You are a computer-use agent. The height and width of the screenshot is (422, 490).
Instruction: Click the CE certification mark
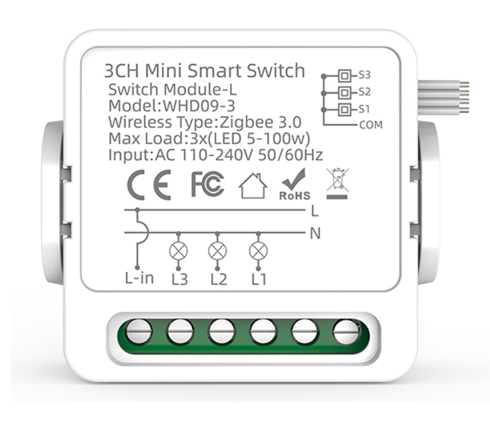pos(149,185)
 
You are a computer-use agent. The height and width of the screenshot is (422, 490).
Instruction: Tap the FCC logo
pos(208,184)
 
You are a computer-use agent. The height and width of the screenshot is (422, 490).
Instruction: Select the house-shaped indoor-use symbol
pos(253,186)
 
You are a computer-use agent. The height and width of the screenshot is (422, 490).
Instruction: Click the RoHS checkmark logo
pos(295,184)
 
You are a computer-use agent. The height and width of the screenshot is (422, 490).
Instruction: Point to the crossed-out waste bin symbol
pos(337,184)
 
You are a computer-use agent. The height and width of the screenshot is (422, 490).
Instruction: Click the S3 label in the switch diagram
pos(364,75)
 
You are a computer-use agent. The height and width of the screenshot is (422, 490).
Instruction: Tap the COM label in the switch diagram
pos(371,125)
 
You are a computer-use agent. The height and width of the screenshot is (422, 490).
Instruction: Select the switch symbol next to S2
pos(344,93)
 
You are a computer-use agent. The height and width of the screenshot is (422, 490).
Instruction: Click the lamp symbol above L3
pos(178,251)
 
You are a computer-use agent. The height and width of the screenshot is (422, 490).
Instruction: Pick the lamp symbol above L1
pos(258,251)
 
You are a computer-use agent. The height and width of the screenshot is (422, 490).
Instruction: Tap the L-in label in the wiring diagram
pos(139,278)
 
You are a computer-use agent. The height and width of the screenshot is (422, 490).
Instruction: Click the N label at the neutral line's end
pos(315,234)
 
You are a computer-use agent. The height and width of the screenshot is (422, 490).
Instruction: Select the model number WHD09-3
pos(199,106)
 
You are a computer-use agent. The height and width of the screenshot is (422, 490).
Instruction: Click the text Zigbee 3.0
pos(260,122)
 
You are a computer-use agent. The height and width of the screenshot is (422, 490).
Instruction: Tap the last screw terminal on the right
pos(346,332)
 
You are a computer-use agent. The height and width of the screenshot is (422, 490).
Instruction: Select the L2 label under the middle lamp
pos(219,280)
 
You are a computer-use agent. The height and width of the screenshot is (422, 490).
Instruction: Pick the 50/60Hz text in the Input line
pos(291,155)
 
